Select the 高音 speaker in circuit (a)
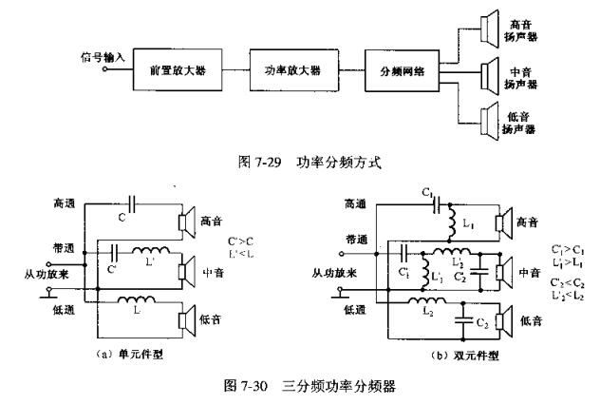[x=187, y=222]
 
